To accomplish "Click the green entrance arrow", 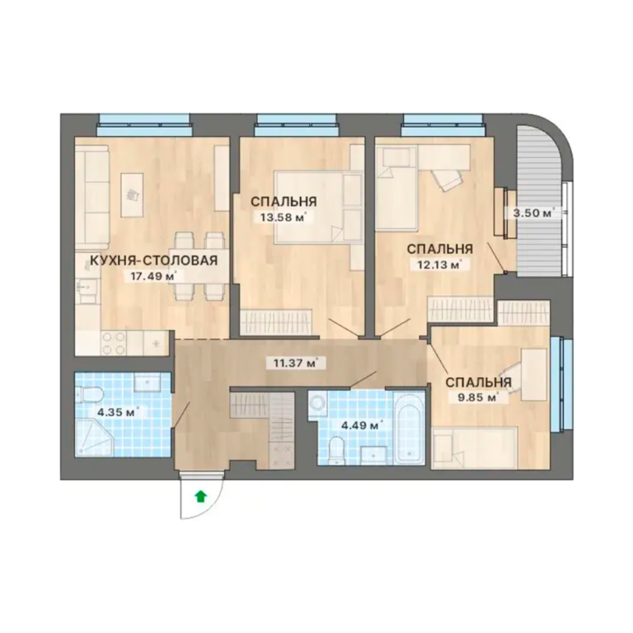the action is (x=200, y=496).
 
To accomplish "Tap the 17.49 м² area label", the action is (x=152, y=277).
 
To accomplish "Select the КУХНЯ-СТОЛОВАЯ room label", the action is (x=153, y=260).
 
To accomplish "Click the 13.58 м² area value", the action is (x=283, y=218).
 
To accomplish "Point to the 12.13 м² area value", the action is (x=435, y=265).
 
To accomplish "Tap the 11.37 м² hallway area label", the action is (x=295, y=363).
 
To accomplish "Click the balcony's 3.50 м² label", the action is (x=533, y=213).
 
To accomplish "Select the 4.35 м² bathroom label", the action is (x=118, y=413).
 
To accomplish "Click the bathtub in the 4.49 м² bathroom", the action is (x=409, y=428).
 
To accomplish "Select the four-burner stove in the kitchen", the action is (x=114, y=343).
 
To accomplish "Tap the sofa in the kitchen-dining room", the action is (x=92, y=198).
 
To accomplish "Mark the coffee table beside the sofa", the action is (x=133, y=195).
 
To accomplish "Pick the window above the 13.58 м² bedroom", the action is (x=297, y=124).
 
